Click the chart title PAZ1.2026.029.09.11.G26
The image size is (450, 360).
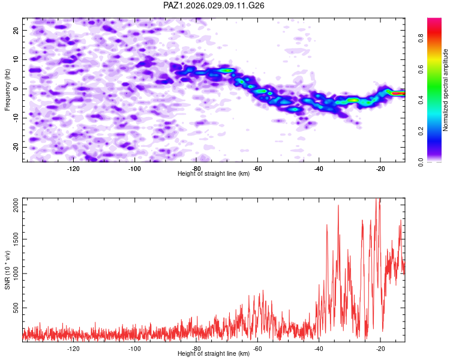pyautogui.click(x=214, y=5)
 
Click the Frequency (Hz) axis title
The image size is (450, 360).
pyautogui.click(x=7, y=89)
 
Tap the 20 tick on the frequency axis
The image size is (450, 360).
pyautogui.click(x=16, y=30)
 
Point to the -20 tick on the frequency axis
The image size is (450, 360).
pyautogui.click(x=15, y=147)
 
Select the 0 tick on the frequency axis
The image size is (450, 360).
pyautogui.click(x=19, y=89)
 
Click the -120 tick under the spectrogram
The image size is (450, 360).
pyautogui.click(x=73, y=169)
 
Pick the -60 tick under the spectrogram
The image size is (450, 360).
pyautogui.click(x=257, y=169)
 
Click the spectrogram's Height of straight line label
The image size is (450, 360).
pyautogui.click(x=214, y=173)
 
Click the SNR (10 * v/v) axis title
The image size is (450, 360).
pyautogui.click(x=7, y=269)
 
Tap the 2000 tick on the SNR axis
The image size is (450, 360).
pyautogui.click(x=13, y=205)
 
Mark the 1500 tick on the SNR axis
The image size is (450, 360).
pyautogui.click(x=13, y=239)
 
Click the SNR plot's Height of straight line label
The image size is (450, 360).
pyautogui.click(x=214, y=353)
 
